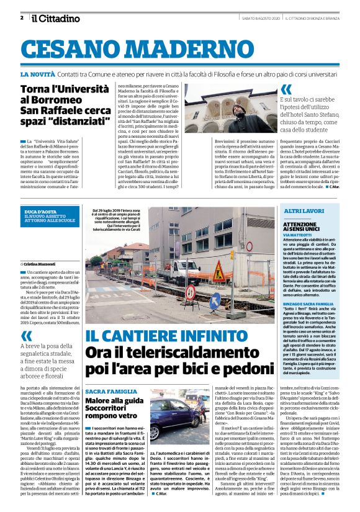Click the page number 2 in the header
click(x=22, y=17)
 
